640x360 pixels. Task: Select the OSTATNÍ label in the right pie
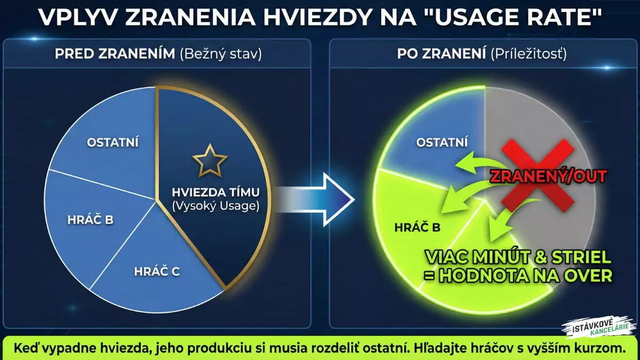[442, 142]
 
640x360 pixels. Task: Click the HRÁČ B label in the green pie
[417, 228]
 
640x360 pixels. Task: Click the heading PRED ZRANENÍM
[114, 54]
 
